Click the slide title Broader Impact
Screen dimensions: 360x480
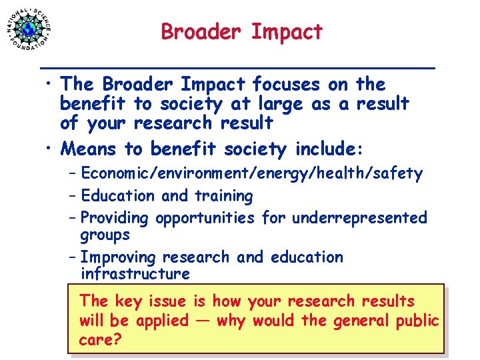point(241,31)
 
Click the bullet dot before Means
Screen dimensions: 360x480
point(50,149)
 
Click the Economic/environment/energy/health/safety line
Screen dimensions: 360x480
point(251,174)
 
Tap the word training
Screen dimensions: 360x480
point(223,196)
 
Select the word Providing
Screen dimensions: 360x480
point(115,218)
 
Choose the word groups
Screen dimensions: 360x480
point(105,235)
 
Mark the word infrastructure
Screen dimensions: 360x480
point(135,273)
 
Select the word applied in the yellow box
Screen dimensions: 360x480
point(162,321)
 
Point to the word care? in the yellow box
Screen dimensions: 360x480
point(100,339)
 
